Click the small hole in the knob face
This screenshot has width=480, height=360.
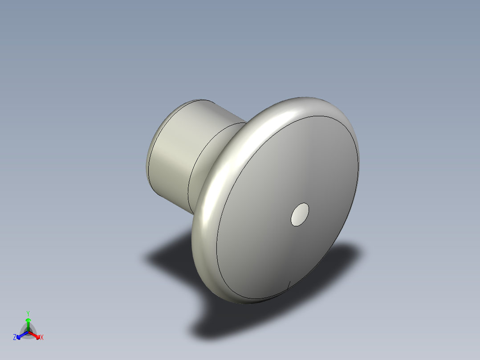[x=300, y=215]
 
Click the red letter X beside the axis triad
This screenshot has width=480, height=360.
[x=42, y=338]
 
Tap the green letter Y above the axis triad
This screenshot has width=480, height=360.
[x=28, y=313]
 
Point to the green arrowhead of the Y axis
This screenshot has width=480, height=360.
[x=28, y=320]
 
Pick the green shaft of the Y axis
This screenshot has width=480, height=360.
[x=28, y=327]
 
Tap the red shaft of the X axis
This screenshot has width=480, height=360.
[x=33, y=334]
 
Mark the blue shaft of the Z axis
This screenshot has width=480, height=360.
[x=23, y=334]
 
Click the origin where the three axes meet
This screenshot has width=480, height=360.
[x=28, y=331]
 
